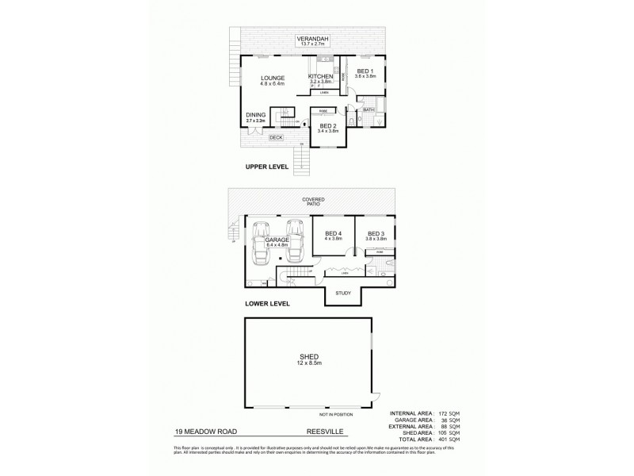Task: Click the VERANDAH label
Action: coord(313,38)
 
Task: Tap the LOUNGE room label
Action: coord(274,78)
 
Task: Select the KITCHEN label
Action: coord(321,76)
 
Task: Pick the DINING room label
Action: coord(255,115)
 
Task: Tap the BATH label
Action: coord(369,109)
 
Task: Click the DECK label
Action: coord(276,138)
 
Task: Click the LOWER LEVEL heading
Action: coord(267,303)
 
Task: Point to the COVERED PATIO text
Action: coord(313,202)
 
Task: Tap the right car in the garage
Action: coord(296,241)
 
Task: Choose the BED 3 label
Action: coord(376,234)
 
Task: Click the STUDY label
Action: coord(343,294)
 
